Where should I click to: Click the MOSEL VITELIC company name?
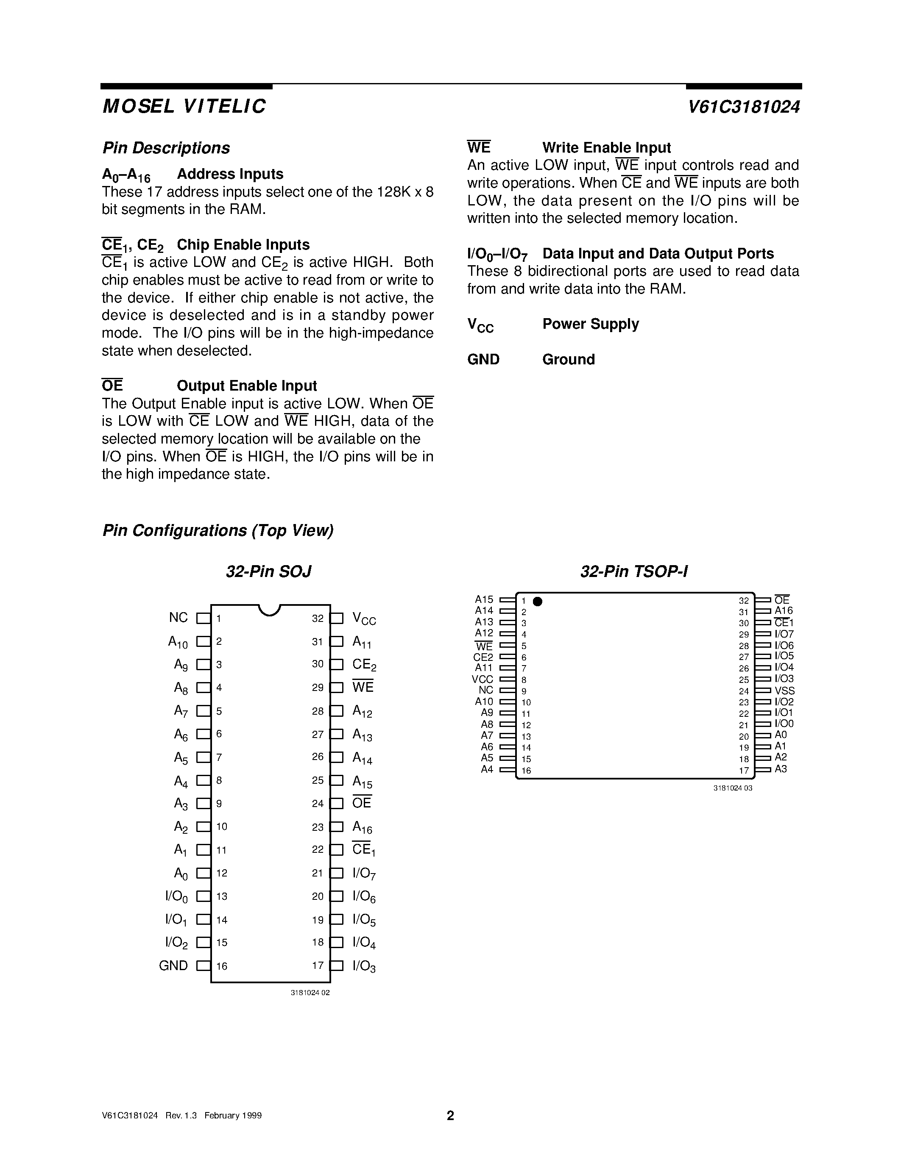pyautogui.click(x=184, y=107)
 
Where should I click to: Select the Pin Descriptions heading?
pyautogui.click(x=166, y=148)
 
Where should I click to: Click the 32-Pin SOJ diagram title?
pyautogui.click(x=268, y=572)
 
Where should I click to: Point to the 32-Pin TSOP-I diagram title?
pyautogui.click(x=634, y=572)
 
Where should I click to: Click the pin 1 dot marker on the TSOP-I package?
pyautogui.click(x=538, y=602)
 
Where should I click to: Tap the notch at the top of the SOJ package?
pyautogui.click(x=270, y=610)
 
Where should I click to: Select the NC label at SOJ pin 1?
pyautogui.click(x=178, y=618)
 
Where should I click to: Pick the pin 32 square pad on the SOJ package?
pyautogui.click(x=337, y=618)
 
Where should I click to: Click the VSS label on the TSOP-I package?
pyautogui.click(x=785, y=691)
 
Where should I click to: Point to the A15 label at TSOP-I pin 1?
pyautogui.click(x=484, y=599)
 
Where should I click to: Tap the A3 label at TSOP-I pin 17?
pyautogui.click(x=781, y=768)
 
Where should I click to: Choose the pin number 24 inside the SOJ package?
pyautogui.click(x=318, y=803)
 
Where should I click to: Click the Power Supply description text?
pyautogui.click(x=590, y=324)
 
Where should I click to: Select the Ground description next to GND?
pyautogui.click(x=569, y=360)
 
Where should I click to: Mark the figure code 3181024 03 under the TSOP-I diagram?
pyautogui.click(x=732, y=788)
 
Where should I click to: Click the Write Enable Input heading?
pyautogui.click(x=606, y=148)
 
